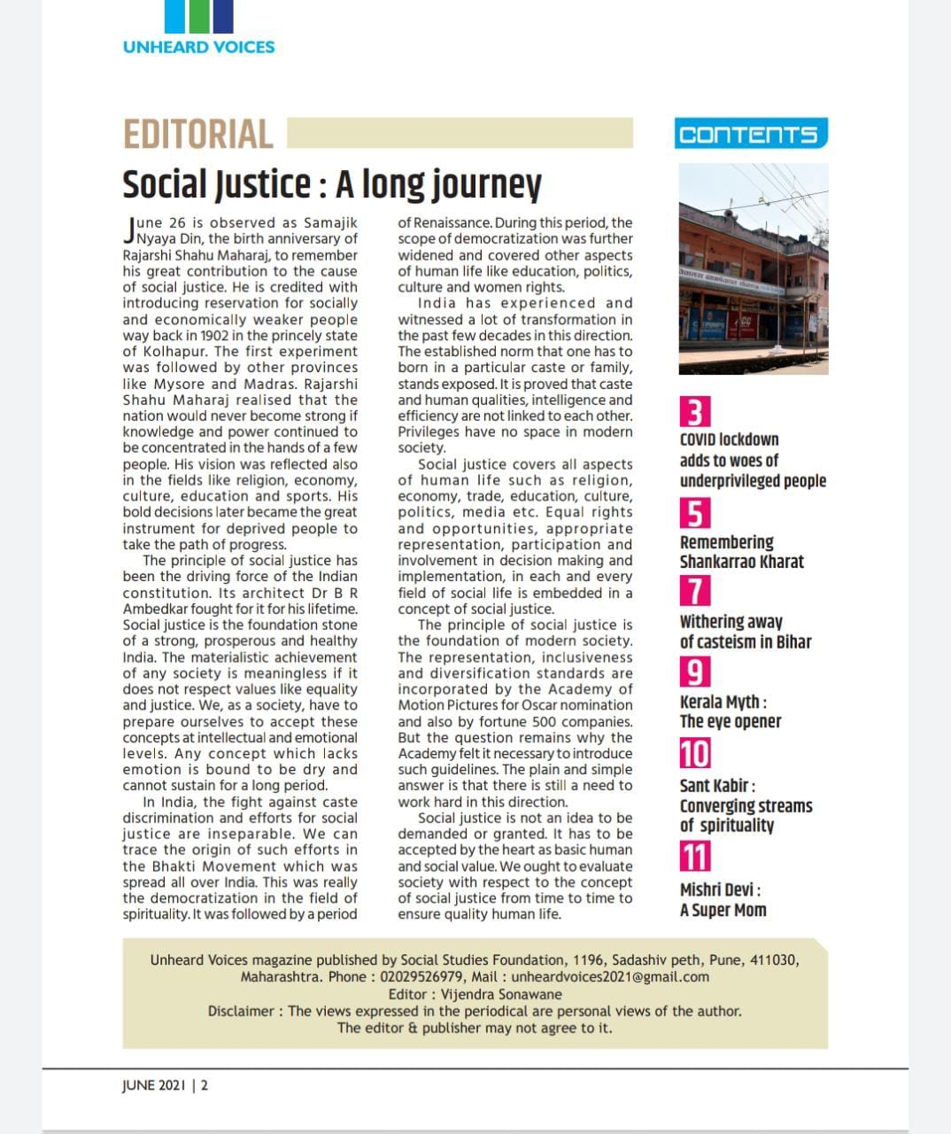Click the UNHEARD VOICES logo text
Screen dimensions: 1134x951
pos(199,47)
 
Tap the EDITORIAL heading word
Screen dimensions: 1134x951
pos(198,135)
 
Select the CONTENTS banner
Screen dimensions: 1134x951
pos(750,135)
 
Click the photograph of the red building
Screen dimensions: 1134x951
pos(754,268)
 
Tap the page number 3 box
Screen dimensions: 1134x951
pos(695,413)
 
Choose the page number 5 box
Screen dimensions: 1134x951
pos(695,514)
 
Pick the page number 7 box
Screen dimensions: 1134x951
pos(695,591)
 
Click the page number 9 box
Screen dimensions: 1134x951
pos(695,672)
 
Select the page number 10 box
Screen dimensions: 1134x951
pos(695,754)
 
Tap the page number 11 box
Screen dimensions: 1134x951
pos(695,857)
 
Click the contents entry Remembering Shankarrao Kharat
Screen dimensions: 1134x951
pos(741,552)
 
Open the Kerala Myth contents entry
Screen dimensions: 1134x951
pos(731,711)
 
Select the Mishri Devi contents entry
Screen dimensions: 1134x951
pos(723,900)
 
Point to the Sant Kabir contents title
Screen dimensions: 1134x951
pos(746,805)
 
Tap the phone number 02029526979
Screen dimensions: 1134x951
pos(426,976)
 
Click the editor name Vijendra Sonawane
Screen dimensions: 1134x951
pos(500,994)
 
